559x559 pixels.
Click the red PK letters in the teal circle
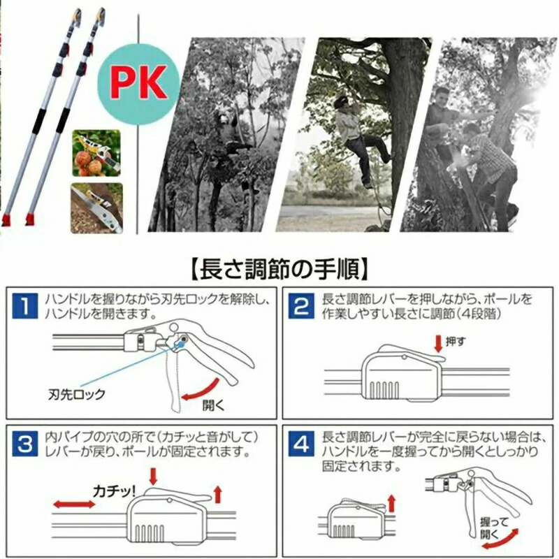(x=138, y=82)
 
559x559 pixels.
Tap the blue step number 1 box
(x=24, y=306)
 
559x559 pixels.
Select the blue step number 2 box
(x=302, y=306)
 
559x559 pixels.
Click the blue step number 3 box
(x=24, y=444)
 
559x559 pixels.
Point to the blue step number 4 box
(x=302, y=444)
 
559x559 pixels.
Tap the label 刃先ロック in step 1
(x=76, y=394)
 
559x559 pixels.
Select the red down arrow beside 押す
(x=438, y=344)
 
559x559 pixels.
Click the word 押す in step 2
(x=456, y=342)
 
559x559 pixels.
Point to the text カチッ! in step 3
(x=114, y=492)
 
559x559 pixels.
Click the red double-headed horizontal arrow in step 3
(x=74, y=504)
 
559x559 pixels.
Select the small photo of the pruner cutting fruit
(x=96, y=153)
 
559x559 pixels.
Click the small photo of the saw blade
(x=96, y=208)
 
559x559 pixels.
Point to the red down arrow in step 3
(x=153, y=477)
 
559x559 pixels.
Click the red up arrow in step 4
(x=391, y=503)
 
